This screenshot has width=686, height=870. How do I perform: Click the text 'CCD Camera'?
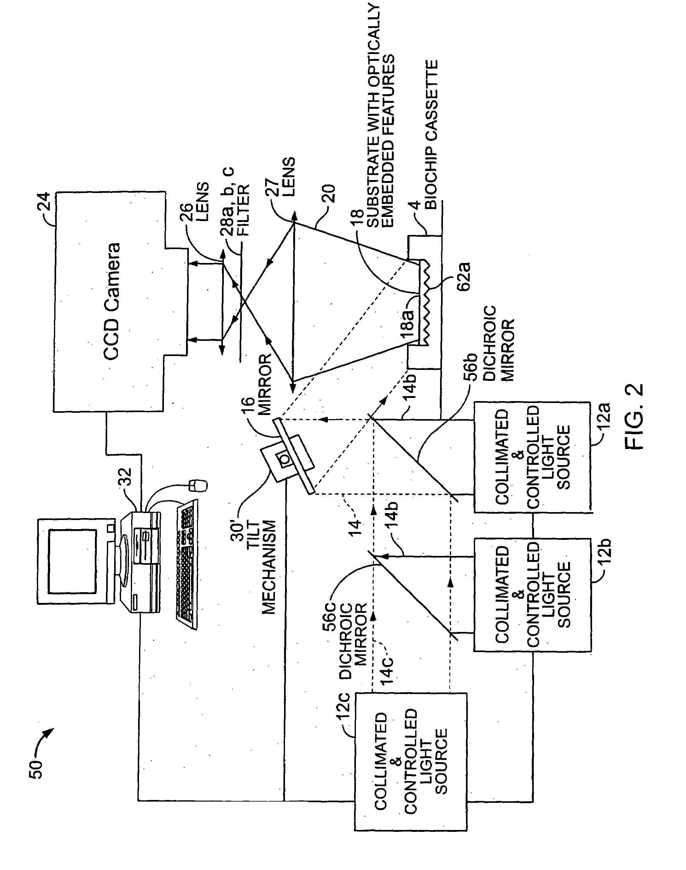(x=112, y=301)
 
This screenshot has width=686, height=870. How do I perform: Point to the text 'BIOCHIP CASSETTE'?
(x=431, y=135)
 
